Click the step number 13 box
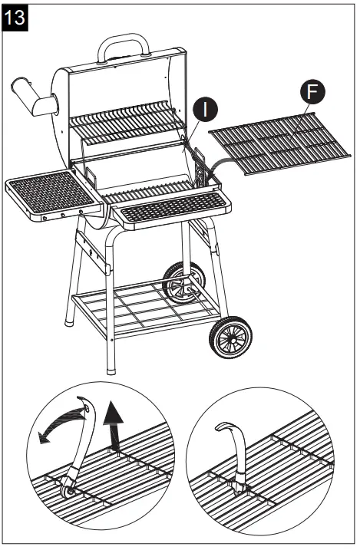(16, 18)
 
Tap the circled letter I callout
(205, 109)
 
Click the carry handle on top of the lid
(123, 45)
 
